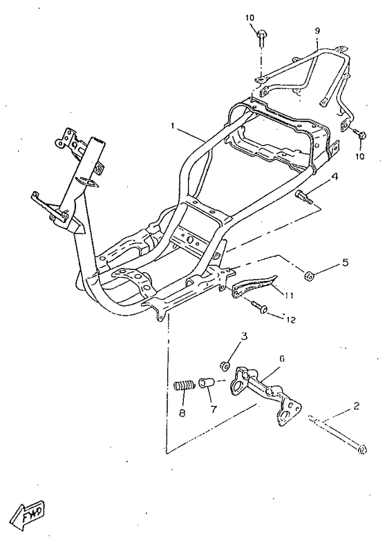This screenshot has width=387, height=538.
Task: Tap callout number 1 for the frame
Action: [173, 126]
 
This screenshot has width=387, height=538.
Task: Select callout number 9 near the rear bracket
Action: [317, 31]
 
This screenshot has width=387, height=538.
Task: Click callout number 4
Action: [334, 177]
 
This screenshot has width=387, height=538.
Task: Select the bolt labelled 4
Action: [303, 197]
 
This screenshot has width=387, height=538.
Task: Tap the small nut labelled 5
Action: [309, 275]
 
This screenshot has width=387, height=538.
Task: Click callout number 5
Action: [344, 262]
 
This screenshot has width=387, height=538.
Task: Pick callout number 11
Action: [289, 295]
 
